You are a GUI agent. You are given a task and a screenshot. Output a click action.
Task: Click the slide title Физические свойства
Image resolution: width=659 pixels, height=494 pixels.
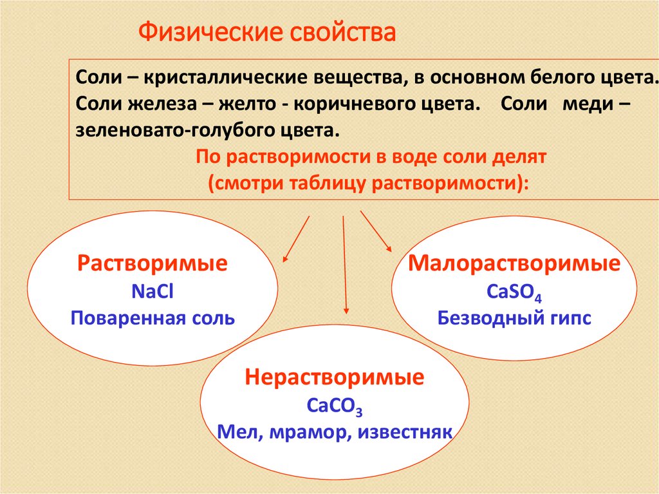point(267,33)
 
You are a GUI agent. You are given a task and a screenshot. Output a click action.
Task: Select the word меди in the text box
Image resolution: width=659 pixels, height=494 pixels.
point(582,104)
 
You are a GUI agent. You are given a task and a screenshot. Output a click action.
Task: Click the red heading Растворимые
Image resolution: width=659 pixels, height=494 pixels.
point(153,264)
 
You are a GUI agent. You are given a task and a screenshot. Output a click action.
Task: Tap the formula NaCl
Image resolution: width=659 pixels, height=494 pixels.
point(153,291)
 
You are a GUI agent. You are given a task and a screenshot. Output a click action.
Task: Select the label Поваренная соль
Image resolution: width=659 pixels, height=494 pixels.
point(153,318)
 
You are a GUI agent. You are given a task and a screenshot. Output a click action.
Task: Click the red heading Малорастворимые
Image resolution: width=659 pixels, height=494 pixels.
point(515,264)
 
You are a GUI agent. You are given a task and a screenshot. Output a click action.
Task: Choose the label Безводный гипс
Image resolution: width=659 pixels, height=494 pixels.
point(515,318)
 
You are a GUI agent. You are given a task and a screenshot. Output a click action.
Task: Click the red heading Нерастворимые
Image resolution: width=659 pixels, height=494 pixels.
point(334,377)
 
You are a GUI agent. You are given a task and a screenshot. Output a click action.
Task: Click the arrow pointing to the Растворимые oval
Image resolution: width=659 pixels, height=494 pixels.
point(297,238)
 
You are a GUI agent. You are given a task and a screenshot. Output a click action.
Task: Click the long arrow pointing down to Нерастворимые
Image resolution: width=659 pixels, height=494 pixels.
point(345,264)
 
